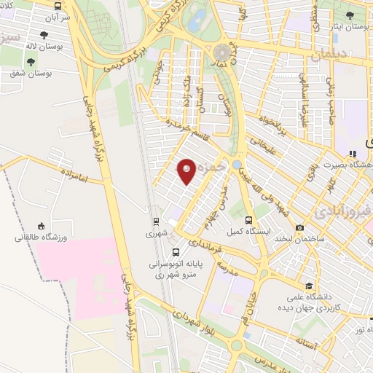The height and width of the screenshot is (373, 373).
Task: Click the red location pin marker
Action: pos(186,171)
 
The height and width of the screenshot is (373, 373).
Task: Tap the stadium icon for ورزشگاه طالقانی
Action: pos(41,227)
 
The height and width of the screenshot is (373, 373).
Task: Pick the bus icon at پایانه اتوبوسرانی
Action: pos(176,252)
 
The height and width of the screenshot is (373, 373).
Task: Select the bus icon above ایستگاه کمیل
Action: pos(248,220)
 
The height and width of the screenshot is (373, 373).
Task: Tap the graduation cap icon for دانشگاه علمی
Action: pos(309,286)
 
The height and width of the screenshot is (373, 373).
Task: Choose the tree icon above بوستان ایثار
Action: pos(350,15)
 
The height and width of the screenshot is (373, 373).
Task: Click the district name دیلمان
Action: pos(331,53)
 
